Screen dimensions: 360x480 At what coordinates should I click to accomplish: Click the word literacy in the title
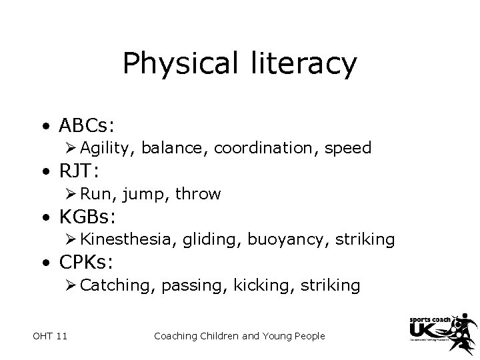[x=304, y=63]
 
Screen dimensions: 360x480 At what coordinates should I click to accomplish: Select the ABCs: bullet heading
[x=87, y=125]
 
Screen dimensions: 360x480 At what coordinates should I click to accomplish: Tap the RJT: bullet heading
[x=79, y=171]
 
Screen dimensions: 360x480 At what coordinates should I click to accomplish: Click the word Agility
[x=108, y=148]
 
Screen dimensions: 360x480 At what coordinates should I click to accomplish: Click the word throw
[x=198, y=194]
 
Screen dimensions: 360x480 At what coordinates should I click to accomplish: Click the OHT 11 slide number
[x=49, y=336]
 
